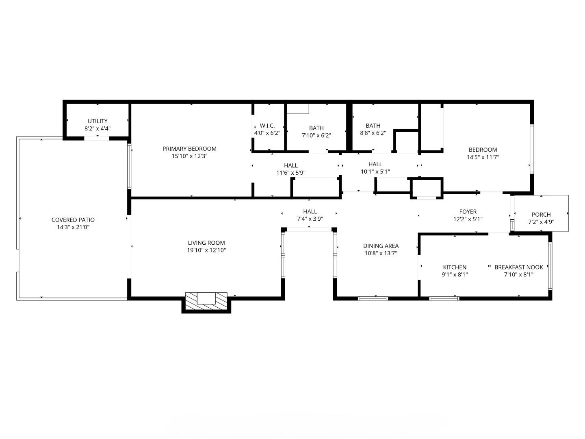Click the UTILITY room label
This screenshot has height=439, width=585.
point(97,121)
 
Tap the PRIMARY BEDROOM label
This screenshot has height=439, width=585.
point(189,149)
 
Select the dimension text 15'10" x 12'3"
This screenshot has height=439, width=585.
point(189,156)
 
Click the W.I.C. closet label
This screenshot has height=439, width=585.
point(267,126)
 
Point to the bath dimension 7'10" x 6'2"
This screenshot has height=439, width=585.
point(316,135)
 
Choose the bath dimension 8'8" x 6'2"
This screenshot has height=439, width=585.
point(373,133)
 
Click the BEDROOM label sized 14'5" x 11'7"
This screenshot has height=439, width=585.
point(483,150)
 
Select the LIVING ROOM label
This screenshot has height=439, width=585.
point(206,243)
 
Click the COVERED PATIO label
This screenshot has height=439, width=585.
point(73,220)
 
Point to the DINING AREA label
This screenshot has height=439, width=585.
point(381,246)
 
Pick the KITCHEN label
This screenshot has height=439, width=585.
point(455,267)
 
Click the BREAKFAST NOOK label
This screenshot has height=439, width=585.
point(518,267)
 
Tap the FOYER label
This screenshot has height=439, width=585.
point(468,212)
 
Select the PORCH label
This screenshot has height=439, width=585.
point(541,215)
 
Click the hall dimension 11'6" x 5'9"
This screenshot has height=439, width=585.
point(291,173)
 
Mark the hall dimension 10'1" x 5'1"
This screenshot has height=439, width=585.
point(375,172)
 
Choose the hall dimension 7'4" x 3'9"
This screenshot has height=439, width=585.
point(310,219)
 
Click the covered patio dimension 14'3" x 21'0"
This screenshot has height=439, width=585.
point(73,227)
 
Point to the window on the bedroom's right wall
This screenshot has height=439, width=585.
point(531,149)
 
